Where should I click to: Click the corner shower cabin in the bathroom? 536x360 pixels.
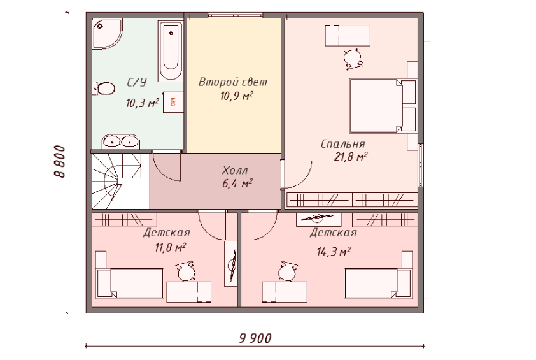coord(107,34)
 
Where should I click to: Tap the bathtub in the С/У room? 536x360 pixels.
coord(170,52)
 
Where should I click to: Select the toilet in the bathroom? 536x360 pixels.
coord(104,89)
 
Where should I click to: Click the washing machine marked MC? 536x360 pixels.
coord(173,102)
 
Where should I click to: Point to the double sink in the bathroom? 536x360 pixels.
coord(121,141)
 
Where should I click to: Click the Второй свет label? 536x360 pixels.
coord(233,82)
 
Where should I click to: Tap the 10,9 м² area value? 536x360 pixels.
coord(237,96)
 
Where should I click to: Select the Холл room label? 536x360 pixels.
coord(235,170)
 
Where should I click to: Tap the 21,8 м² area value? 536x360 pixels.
coord(351,157)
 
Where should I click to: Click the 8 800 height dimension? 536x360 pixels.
coord(59,161)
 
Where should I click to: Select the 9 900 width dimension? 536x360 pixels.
coord(255,338)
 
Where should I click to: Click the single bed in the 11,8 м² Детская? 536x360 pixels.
coord(130,283)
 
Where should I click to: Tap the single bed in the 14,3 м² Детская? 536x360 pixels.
coord(377,283)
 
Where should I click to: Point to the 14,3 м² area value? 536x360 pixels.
coord(334,252)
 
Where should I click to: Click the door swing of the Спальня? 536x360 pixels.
coord(297,174)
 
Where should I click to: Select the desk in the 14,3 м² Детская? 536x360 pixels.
coord(285,292)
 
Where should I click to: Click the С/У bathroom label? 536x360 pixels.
coord(137,82)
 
